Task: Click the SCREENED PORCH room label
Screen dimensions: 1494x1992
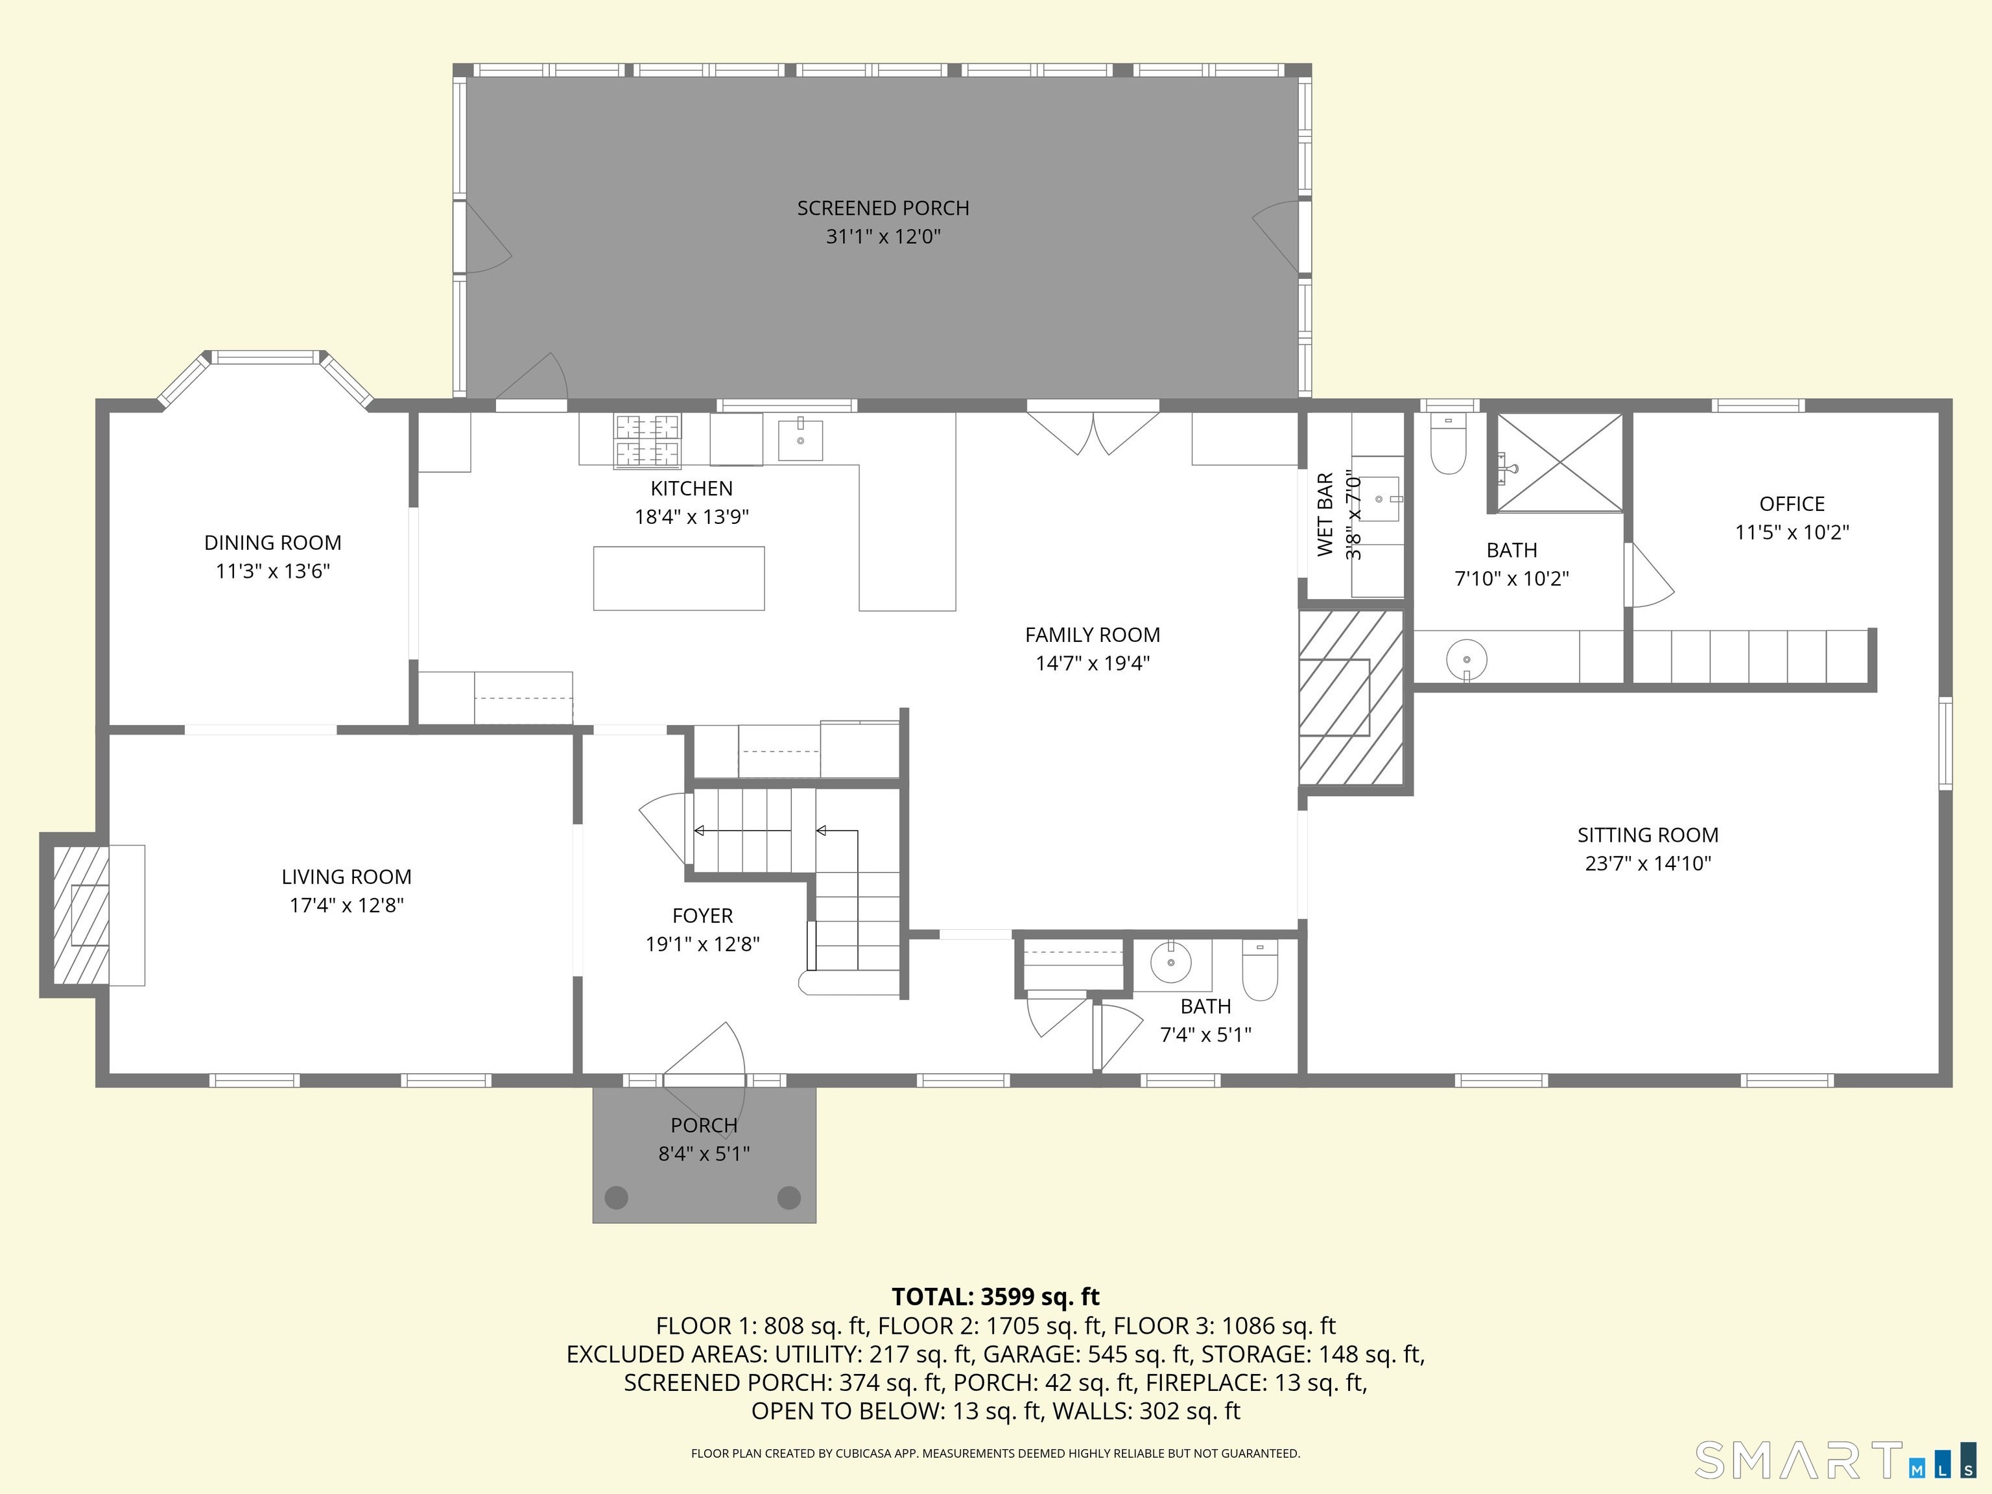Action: point(883,208)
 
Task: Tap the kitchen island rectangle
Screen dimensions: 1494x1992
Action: point(678,578)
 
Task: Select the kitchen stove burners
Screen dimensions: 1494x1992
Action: point(648,440)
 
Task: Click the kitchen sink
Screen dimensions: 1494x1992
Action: point(800,440)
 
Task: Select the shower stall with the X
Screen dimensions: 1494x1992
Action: point(1559,463)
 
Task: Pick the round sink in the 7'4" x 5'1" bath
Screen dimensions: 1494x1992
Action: point(1170,964)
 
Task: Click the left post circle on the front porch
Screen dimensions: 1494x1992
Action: point(616,1197)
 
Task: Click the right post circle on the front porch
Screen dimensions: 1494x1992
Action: point(789,1197)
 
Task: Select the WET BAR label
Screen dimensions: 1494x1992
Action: point(1325,514)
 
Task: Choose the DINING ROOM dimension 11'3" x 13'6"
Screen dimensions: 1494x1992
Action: point(273,571)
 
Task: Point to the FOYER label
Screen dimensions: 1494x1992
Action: point(702,916)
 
